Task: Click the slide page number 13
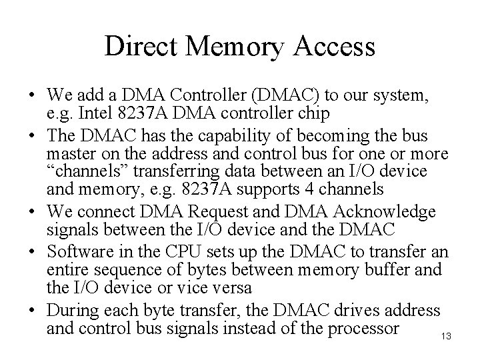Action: (x=446, y=337)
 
